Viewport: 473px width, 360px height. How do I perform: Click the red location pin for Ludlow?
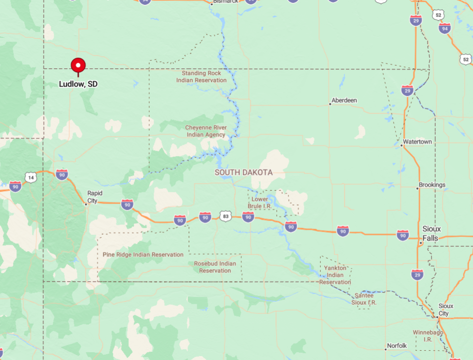[x=78, y=65]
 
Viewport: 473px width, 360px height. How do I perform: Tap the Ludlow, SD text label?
[x=78, y=84]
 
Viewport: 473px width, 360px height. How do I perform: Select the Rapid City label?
[x=95, y=197]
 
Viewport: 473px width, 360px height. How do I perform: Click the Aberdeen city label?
[x=344, y=100]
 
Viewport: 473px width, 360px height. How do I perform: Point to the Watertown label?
[x=417, y=141]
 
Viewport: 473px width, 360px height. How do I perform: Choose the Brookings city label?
[x=432, y=185]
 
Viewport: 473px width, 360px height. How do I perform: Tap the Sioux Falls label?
[x=430, y=234]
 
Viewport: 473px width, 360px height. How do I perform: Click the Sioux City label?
[x=446, y=310]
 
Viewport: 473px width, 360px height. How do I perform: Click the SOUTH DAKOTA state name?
[x=244, y=172]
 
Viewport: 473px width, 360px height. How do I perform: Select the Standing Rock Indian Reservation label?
[x=201, y=77]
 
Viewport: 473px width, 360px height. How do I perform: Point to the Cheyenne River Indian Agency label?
[x=205, y=131]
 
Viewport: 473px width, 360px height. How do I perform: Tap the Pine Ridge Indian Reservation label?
[x=143, y=254]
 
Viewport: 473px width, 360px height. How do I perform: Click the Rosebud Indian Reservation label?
[x=215, y=267]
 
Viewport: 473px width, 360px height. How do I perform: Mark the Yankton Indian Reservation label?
[x=335, y=275]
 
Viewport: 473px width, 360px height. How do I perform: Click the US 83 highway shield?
[x=225, y=217]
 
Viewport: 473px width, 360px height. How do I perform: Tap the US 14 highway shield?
[x=31, y=177]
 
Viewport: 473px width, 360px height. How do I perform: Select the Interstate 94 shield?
[x=445, y=28]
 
